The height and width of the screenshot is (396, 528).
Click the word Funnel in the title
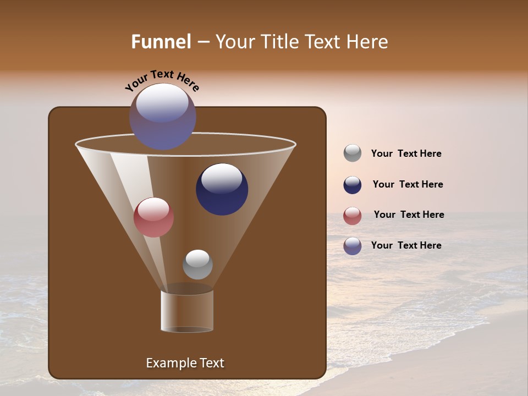(161, 42)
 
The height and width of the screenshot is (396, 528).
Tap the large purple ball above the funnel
(162, 116)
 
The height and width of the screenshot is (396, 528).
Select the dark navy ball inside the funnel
(222, 190)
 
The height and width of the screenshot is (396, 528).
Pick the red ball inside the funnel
(153, 217)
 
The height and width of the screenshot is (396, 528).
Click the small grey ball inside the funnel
(197, 265)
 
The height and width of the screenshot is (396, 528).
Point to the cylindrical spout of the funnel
(187, 311)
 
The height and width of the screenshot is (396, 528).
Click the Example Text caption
(185, 363)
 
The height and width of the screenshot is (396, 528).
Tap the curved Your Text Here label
(162, 80)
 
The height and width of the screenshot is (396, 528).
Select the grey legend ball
(353, 153)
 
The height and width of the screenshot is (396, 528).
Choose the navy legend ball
(353, 185)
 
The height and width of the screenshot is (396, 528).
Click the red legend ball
(353, 216)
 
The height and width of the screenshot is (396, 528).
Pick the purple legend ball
(353, 246)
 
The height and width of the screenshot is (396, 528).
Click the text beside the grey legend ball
(406, 154)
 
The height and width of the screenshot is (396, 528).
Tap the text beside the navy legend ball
(408, 185)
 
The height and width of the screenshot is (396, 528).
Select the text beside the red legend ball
(409, 215)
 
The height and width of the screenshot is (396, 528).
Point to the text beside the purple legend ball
(406, 245)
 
